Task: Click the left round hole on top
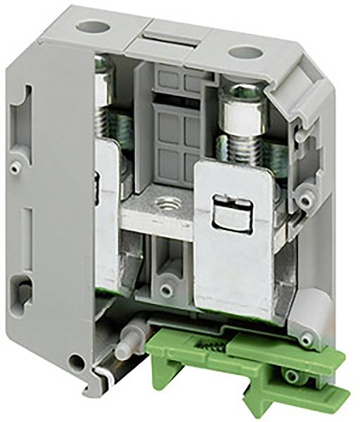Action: (x=89, y=27)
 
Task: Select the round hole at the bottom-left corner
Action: (x=75, y=364)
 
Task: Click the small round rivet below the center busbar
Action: (x=166, y=289)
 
